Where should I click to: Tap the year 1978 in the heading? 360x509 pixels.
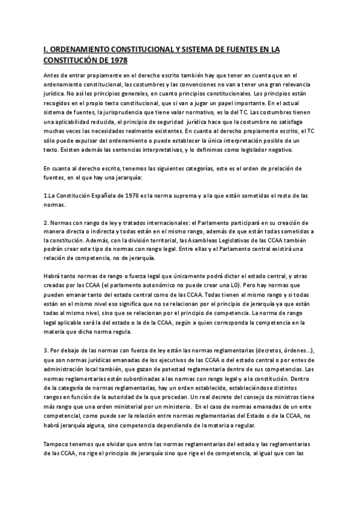click(117, 61)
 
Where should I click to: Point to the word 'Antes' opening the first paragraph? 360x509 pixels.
click(52, 75)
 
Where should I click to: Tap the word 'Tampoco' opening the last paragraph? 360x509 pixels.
click(58, 444)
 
